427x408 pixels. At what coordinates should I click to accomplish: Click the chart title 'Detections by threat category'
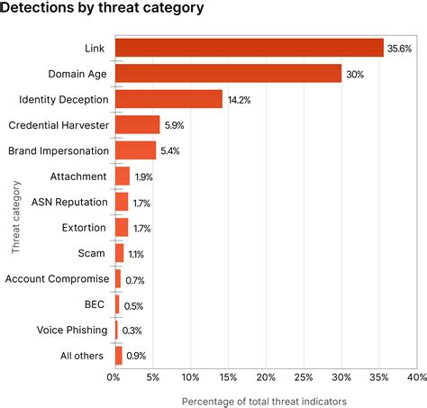(x=102, y=9)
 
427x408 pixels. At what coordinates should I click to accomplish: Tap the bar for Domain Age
(x=228, y=74)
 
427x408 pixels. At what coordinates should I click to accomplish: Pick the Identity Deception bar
(x=168, y=99)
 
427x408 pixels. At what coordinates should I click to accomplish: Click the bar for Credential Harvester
(x=137, y=125)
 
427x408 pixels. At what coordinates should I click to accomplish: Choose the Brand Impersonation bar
(x=135, y=150)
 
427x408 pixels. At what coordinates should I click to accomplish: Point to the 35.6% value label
(x=397, y=48)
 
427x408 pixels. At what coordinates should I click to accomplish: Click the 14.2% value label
(x=237, y=100)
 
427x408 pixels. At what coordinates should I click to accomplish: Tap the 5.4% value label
(x=169, y=151)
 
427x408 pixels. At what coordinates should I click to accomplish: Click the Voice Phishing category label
(x=72, y=331)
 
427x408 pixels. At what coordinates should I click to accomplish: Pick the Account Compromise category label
(x=58, y=279)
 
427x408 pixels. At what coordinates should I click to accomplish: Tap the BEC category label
(x=95, y=304)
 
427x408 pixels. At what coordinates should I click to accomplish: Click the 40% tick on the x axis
(x=415, y=376)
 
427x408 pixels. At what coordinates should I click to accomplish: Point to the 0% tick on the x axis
(x=114, y=376)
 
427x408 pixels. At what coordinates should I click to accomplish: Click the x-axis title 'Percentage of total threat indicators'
(x=264, y=400)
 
